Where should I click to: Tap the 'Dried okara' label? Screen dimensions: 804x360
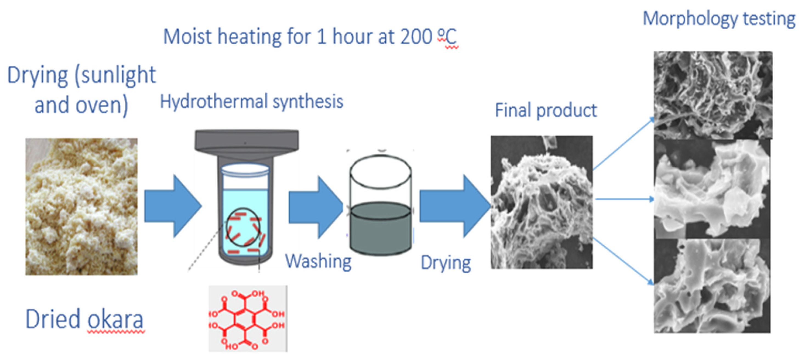tap(84, 319)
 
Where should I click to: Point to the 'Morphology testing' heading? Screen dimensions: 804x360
tap(719, 19)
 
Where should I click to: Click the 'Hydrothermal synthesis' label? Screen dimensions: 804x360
tap(252, 102)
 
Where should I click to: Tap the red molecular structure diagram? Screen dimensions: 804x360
tap(248, 319)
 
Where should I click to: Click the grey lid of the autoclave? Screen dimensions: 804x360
tap(247, 140)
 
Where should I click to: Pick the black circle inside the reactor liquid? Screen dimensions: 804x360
tap(243, 227)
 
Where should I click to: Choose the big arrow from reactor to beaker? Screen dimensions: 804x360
tap(315, 207)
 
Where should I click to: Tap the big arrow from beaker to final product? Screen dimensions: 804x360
tap(454, 206)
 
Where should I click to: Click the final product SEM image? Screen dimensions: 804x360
tap(541, 202)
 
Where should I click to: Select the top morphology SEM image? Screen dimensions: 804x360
tap(713, 95)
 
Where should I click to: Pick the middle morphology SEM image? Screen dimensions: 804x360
tap(712, 189)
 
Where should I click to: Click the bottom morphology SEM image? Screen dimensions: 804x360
tap(712, 286)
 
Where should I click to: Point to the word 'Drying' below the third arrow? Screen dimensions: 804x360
tap(446, 263)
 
